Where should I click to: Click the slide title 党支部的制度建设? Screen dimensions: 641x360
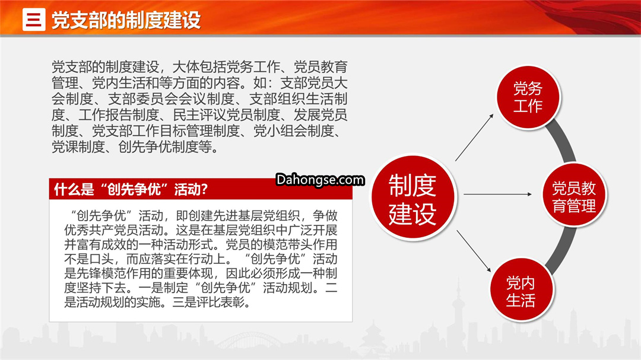click(x=126, y=20)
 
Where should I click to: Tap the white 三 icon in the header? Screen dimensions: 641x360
click(x=34, y=19)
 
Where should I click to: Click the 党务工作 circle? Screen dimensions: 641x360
click(x=528, y=98)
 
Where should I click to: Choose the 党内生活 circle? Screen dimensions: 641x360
click(x=521, y=290)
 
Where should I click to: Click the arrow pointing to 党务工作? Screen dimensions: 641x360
click(x=474, y=138)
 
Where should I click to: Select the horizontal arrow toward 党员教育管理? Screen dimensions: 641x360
click(x=497, y=194)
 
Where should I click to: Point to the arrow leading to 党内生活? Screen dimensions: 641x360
click(x=474, y=251)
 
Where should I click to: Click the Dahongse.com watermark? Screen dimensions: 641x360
click(x=320, y=179)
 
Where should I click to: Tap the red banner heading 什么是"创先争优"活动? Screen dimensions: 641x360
click(x=131, y=189)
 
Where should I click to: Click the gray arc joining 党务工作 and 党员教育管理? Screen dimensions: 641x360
click(x=561, y=141)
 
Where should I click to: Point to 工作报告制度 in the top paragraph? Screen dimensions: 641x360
click(x=118, y=115)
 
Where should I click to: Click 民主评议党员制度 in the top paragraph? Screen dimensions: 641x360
click(x=226, y=115)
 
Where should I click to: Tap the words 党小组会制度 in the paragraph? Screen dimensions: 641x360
click(x=293, y=130)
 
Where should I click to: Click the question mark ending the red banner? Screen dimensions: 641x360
click(x=204, y=189)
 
